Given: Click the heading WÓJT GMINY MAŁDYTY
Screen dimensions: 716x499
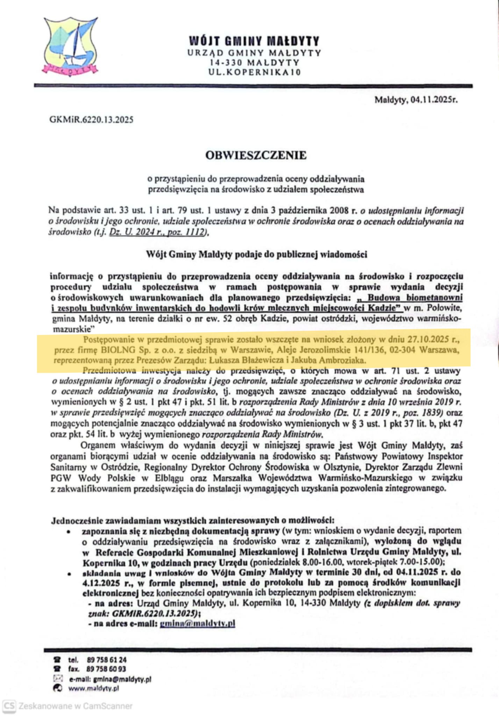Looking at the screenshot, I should [254, 41].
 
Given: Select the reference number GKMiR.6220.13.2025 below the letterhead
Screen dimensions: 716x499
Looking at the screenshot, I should [91, 120].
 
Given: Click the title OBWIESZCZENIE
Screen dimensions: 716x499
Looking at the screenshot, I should [256, 155].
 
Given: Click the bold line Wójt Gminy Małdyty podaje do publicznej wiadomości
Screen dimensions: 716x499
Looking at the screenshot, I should [257, 255].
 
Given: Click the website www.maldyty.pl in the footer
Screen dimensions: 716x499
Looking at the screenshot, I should [93, 688].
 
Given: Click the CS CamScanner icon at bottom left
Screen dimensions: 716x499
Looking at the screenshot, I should [9, 706].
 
